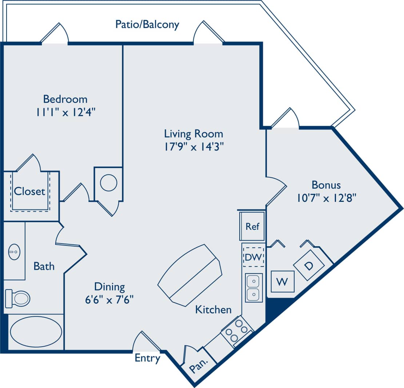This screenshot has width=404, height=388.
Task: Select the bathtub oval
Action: pos(36,331)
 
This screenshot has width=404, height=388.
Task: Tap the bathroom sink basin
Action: pos(15,251)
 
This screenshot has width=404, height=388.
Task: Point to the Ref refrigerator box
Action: pos(252,226)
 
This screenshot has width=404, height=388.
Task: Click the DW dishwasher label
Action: pos(253,257)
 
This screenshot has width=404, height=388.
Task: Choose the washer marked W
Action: pos(283,281)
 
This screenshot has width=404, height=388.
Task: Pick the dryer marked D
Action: pos(309,265)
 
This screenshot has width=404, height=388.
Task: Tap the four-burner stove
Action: pos(237,331)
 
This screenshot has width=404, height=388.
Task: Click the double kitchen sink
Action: pos(254,288)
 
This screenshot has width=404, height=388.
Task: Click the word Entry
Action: pos(147,358)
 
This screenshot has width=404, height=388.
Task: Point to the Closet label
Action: pos(29,191)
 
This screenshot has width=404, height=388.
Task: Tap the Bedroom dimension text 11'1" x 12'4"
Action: pos(65,112)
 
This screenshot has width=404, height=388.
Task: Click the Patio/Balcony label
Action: pos(147,24)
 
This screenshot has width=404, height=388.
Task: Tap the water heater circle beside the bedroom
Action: pos(108,183)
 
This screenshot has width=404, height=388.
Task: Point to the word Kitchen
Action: pos(213,309)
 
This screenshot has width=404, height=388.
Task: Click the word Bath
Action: pos(44,266)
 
